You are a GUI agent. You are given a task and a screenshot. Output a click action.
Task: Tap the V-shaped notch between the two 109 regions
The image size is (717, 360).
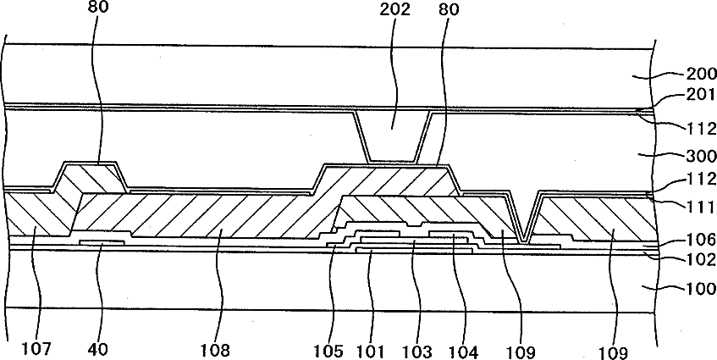click(x=527, y=224)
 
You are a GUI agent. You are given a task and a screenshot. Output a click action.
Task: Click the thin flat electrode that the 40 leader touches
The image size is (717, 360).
click(x=102, y=241)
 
